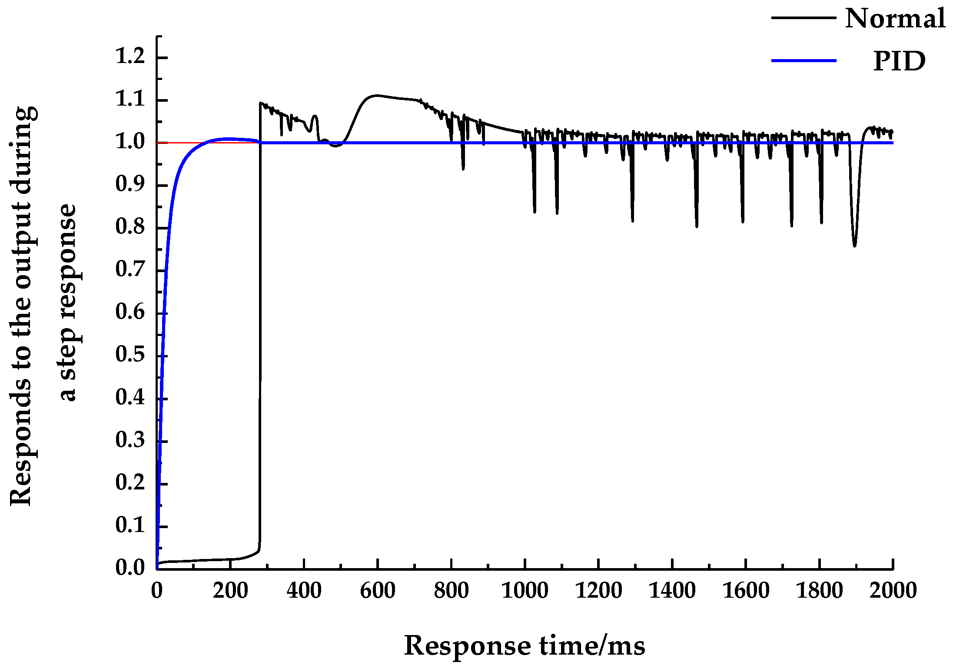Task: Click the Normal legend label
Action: click(895, 19)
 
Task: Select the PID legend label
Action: click(899, 61)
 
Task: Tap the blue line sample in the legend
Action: click(804, 60)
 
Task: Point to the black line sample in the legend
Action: click(804, 18)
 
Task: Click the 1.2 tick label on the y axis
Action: click(130, 57)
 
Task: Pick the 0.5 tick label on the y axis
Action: click(130, 355)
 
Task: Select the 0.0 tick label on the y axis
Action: click(130, 568)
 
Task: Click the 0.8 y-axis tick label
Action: click(130, 227)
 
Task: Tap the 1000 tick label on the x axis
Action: click(525, 591)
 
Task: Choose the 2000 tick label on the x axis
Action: click(893, 591)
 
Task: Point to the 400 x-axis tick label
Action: click(304, 591)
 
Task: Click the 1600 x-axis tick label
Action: click(746, 591)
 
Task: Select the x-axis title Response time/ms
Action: click(525, 646)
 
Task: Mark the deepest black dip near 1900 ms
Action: click(855, 246)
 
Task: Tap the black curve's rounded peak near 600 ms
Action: click(376, 95)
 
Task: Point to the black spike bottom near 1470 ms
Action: click(697, 226)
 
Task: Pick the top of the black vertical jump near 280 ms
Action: click(260, 103)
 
